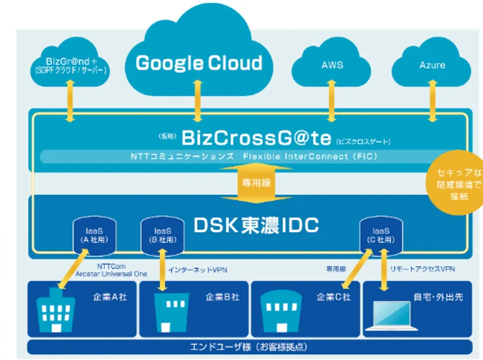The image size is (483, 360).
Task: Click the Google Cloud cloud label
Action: coord(198,63)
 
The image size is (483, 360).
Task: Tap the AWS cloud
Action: coord(332,65)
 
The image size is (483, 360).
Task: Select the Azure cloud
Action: coord(432,65)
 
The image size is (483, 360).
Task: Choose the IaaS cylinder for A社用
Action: coord(91,235)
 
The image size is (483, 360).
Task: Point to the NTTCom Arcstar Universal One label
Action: coord(112,270)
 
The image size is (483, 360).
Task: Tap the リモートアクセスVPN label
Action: coord(423,269)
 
